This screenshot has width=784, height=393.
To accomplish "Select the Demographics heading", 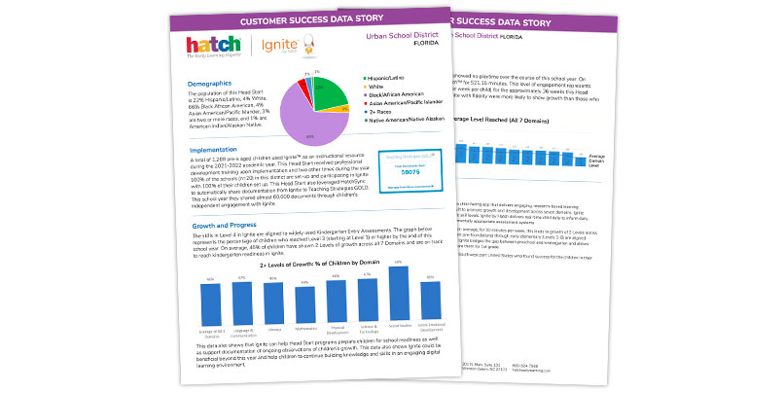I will [x=209, y=84].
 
